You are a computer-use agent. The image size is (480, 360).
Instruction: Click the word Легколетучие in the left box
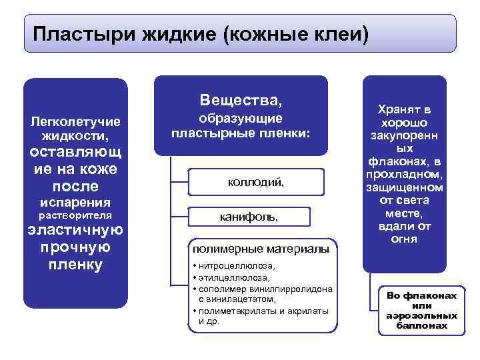pyautogui.click(x=75, y=123)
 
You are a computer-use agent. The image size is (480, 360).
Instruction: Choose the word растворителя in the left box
pyautogui.click(x=75, y=216)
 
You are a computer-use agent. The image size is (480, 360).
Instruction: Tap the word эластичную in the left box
pyautogui.click(x=75, y=231)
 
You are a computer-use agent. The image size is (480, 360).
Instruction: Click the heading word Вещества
pyautogui.click(x=241, y=101)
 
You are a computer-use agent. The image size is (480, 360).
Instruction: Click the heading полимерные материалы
pyautogui.click(x=261, y=249)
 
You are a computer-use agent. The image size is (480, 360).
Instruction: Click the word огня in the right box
pyautogui.click(x=405, y=239)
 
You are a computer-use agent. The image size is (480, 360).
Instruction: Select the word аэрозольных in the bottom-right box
pyautogui.click(x=421, y=315)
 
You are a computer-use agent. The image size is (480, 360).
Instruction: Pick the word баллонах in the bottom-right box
pyautogui.click(x=421, y=326)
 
